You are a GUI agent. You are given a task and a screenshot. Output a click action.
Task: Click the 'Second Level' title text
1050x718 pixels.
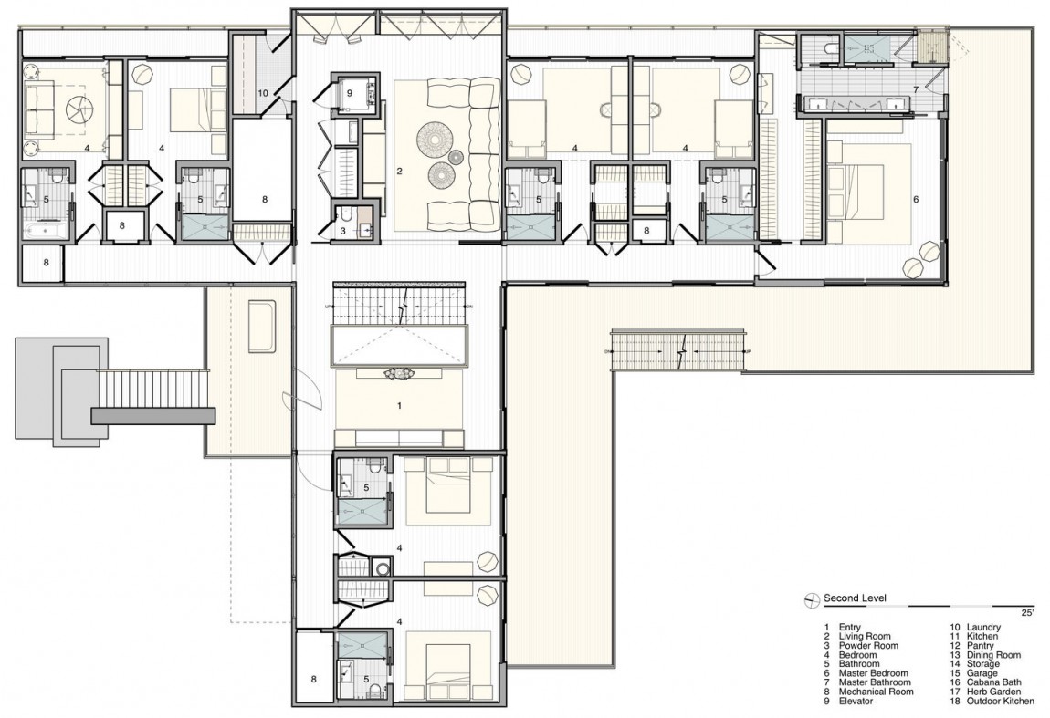point(854,598)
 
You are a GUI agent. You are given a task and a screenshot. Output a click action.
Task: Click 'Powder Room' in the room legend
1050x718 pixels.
point(865,646)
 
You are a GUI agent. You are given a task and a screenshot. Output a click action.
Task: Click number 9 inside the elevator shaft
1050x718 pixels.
point(348,92)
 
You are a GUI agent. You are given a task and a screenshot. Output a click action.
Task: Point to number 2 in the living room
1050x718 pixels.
point(399,171)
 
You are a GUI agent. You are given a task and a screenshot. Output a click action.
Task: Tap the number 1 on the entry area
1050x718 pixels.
point(398,402)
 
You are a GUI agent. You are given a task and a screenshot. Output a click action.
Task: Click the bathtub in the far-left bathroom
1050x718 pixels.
point(44,227)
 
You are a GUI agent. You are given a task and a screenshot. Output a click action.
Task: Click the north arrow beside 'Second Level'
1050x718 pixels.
point(809,599)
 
